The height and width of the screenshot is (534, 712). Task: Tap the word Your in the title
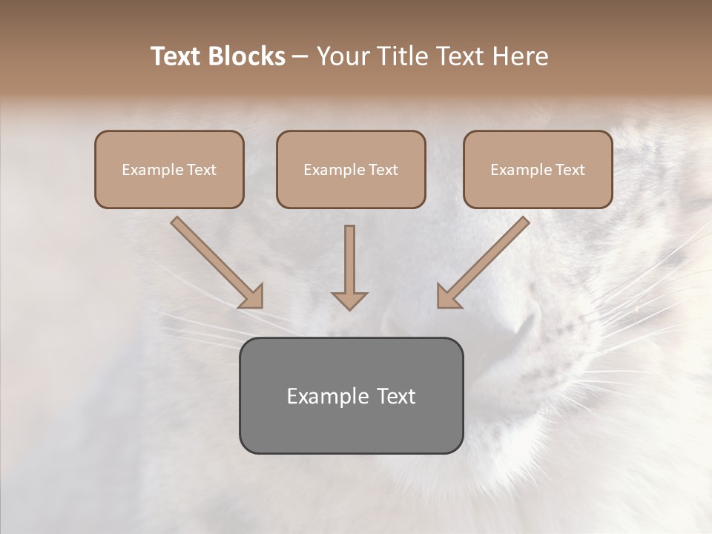tap(343, 56)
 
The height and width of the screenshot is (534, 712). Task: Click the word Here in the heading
tap(521, 56)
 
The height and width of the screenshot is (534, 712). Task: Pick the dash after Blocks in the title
tap(300, 57)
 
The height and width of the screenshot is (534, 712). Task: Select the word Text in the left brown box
tap(201, 170)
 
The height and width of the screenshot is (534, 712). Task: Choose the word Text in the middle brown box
tap(383, 170)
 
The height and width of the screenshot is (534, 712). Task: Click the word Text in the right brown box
tap(570, 170)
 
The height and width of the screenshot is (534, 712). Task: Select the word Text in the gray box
tap(397, 396)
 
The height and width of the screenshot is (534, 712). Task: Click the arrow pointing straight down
tap(349, 267)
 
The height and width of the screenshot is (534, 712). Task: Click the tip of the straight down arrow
tap(349, 309)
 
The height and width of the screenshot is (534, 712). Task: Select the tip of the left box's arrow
tap(261, 306)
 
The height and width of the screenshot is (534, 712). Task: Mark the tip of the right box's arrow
tap(438, 306)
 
